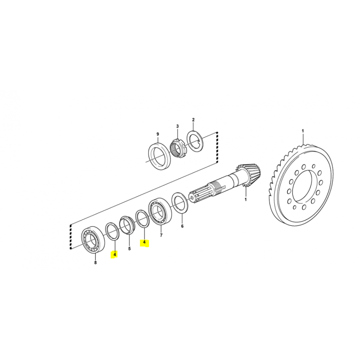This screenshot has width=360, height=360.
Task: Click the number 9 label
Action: click(x=157, y=134)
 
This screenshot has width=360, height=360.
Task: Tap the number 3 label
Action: click(x=177, y=126)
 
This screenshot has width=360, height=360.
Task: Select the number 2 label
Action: click(x=193, y=120)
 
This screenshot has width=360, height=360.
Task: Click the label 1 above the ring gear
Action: click(x=302, y=131)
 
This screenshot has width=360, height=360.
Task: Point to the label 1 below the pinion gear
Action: click(x=245, y=199)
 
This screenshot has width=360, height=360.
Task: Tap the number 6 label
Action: click(x=182, y=226)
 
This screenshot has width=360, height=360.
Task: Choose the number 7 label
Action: click(x=161, y=235)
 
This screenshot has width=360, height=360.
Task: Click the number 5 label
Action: click(x=129, y=249)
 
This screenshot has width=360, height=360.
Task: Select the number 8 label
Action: click(x=95, y=262)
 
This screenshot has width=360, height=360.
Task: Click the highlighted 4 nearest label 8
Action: click(x=115, y=254)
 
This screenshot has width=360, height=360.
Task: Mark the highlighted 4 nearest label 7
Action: click(x=144, y=242)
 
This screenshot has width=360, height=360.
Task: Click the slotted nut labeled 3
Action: click(x=178, y=148)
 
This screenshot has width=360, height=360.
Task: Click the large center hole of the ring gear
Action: click(x=303, y=186)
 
